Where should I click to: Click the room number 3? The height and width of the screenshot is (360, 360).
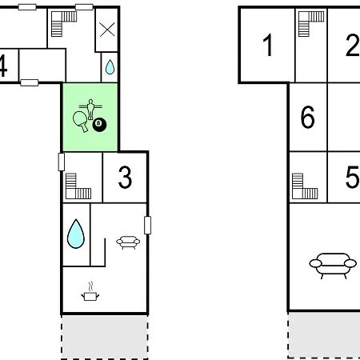(125, 178)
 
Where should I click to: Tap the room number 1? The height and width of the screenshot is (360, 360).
(268, 45)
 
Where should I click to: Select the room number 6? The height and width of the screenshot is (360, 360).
(307, 117)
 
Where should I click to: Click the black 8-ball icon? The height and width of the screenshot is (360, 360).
(99, 125)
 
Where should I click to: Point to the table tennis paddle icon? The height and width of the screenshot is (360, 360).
(81, 121)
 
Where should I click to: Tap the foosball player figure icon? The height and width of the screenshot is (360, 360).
(90, 109)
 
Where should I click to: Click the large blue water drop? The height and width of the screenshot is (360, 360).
(76, 234)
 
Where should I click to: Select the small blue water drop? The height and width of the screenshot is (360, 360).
(110, 66)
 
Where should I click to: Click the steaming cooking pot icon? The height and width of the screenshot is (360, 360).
(90, 291)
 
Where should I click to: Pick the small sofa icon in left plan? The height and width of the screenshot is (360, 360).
(128, 242)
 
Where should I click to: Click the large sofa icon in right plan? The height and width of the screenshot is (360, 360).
(333, 265)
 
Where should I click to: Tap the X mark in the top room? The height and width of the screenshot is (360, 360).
(107, 30)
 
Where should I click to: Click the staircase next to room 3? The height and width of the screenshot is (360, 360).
(78, 186)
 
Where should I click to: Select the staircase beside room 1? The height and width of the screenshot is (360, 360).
(311, 24)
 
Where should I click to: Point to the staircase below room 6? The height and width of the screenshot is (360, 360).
(305, 186)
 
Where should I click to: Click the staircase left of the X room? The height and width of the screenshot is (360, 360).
(64, 24)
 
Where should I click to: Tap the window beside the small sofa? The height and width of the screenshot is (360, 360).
(147, 226)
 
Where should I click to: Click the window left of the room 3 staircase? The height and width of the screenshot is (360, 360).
(62, 162)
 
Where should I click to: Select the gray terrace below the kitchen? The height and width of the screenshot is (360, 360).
(105, 337)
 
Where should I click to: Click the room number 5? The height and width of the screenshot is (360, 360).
(353, 178)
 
